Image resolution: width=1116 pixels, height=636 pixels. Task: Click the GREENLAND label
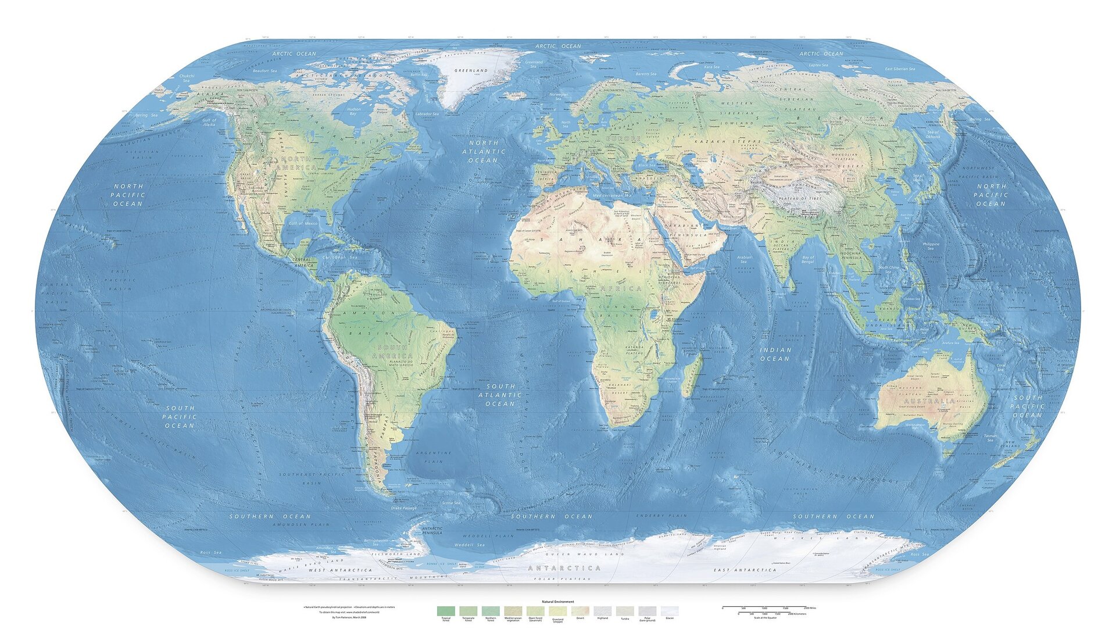pyautogui.click(x=471, y=70)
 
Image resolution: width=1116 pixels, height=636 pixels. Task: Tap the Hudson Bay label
pyautogui.click(x=353, y=111)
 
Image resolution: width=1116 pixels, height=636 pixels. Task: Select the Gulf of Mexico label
pyautogui.click(x=303, y=223)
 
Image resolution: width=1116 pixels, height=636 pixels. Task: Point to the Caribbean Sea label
pyautogui.click(x=338, y=256)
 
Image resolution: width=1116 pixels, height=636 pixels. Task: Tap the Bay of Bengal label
pyautogui.click(x=808, y=259)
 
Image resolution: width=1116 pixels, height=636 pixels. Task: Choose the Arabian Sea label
pyautogui.click(x=744, y=259)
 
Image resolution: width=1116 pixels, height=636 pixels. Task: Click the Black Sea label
pyautogui.click(x=646, y=165)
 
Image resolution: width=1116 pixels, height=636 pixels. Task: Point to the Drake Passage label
pyautogui.click(x=403, y=508)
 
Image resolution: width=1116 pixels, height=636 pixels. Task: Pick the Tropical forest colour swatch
pyautogui.click(x=446, y=611)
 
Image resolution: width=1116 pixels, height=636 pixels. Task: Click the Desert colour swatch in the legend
pyautogui.click(x=580, y=611)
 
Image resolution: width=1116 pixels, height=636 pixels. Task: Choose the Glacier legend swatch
pyautogui.click(x=670, y=611)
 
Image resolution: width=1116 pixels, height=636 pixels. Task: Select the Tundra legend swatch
pyautogui.click(x=625, y=611)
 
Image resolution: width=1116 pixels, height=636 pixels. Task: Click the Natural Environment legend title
pyautogui.click(x=558, y=602)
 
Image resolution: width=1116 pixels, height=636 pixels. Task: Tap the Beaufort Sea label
pyautogui.click(x=265, y=71)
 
